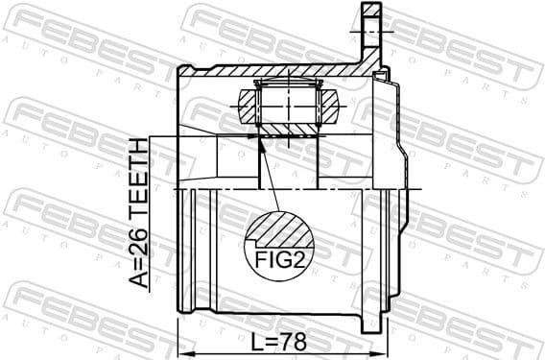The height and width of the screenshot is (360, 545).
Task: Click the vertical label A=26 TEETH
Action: click(x=140, y=212)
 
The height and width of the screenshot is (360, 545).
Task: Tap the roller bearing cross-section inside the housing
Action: click(x=289, y=108)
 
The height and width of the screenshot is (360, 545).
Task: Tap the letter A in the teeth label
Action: click(x=140, y=279)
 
